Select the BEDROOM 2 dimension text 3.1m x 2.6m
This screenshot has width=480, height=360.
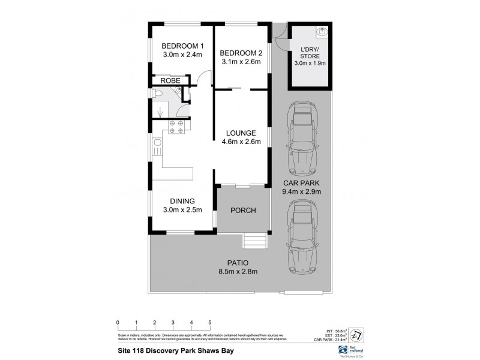(241, 61)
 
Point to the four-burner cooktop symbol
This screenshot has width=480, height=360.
(176, 126)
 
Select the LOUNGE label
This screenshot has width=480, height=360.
(241, 133)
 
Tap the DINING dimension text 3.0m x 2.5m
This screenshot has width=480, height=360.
(182, 209)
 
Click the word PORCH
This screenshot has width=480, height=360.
(243, 210)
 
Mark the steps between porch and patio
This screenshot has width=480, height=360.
(254, 241)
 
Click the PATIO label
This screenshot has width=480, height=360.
(238, 262)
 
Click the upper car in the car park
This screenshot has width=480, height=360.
(299, 136)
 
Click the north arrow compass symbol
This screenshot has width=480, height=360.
(356, 333)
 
